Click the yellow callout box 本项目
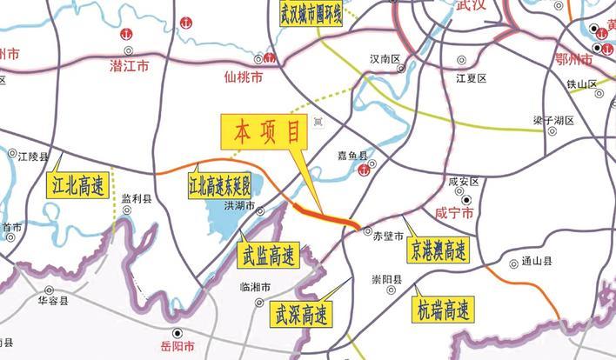point(266,132)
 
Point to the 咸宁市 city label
point(453,213)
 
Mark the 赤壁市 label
point(388,236)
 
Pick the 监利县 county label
point(137,198)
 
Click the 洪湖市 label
point(239,206)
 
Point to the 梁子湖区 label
point(548,120)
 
